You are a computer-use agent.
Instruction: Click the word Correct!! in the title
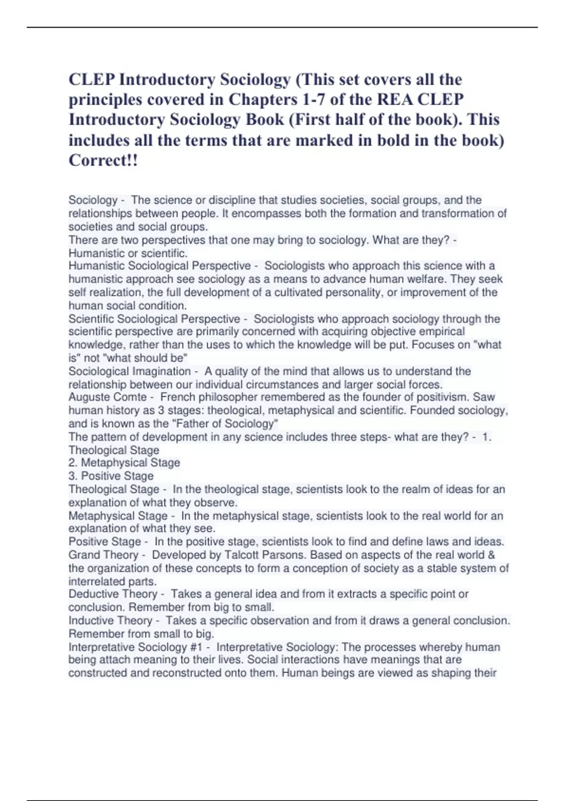click(104, 160)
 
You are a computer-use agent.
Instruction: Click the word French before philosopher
click(177, 397)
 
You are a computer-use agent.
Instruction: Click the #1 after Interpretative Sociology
click(195, 647)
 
